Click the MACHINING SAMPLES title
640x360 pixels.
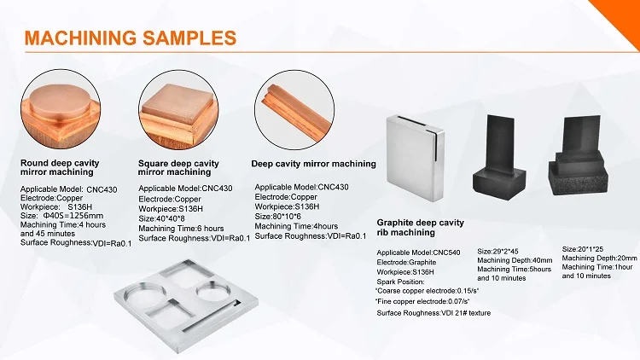[x=131, y=38]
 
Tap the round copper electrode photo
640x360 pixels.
[x=61, y=109]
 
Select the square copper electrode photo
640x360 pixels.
[x=178, y=109]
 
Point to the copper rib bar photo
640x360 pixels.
[x=294, y=109]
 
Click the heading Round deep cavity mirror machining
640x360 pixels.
[x=60, y=167]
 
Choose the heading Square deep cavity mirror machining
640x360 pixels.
[x=178, y=168]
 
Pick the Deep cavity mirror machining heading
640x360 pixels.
[x=313, y=164]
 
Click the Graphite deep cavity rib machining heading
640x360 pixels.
[x=421, y=228]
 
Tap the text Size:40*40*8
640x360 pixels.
[x=161, y=218]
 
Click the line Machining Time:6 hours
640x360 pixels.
[x=181, y=228]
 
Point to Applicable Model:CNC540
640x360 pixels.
[x=418, y=253]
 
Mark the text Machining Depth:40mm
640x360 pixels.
[x=515, y=260]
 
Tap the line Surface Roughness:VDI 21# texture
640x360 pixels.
[x=433, y=313]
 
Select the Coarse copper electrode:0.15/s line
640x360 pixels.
[x=427, y=291]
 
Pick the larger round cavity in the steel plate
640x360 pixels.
[x=146, y=294]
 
